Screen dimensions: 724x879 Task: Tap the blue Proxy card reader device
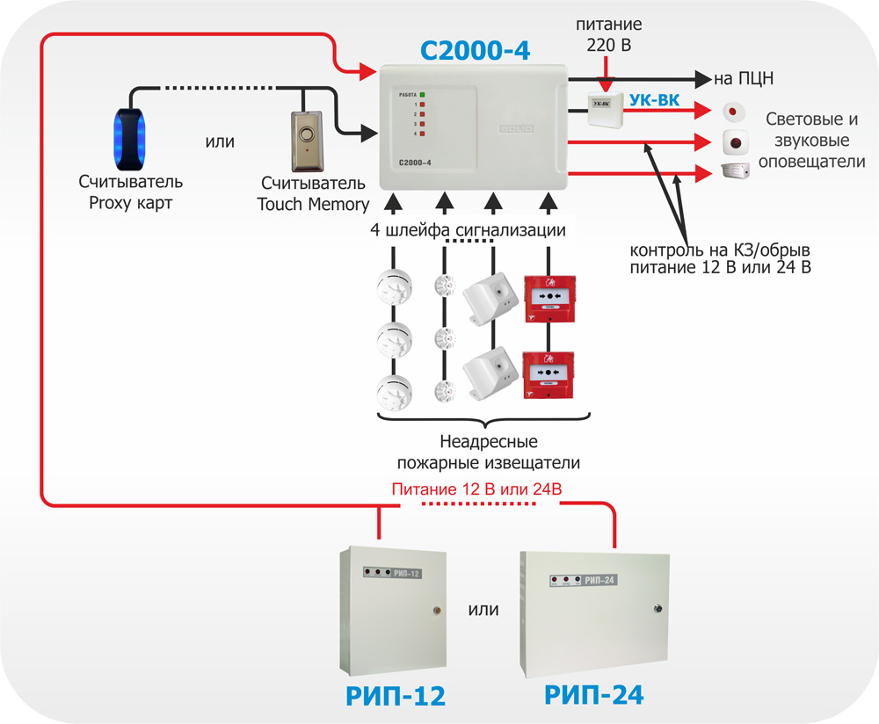point(131,138)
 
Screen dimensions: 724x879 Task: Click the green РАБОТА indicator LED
point(423,94)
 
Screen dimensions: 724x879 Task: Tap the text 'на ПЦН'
point(744,79)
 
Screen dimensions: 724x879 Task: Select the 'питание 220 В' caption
point(607,35)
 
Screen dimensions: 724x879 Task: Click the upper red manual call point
point(548,297)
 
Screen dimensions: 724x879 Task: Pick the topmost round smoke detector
point(393,286)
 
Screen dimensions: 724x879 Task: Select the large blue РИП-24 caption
point(594,695)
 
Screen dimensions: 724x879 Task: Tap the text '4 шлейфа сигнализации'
point(467,230)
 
